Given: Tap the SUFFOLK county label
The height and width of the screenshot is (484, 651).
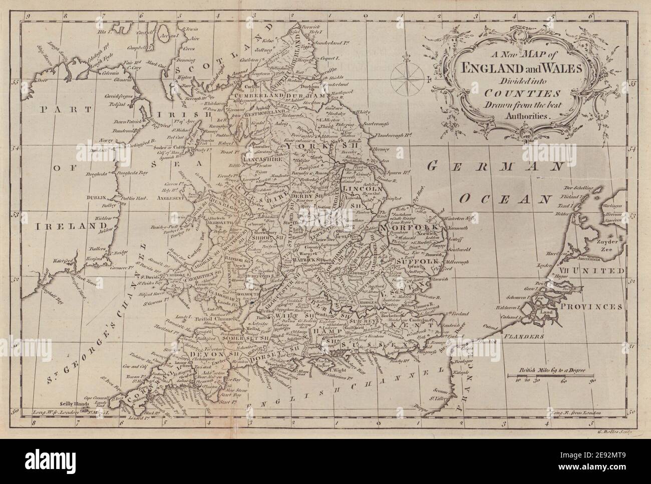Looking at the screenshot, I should click(414, 262).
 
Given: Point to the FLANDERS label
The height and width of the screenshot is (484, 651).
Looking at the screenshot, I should click(524, 337).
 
